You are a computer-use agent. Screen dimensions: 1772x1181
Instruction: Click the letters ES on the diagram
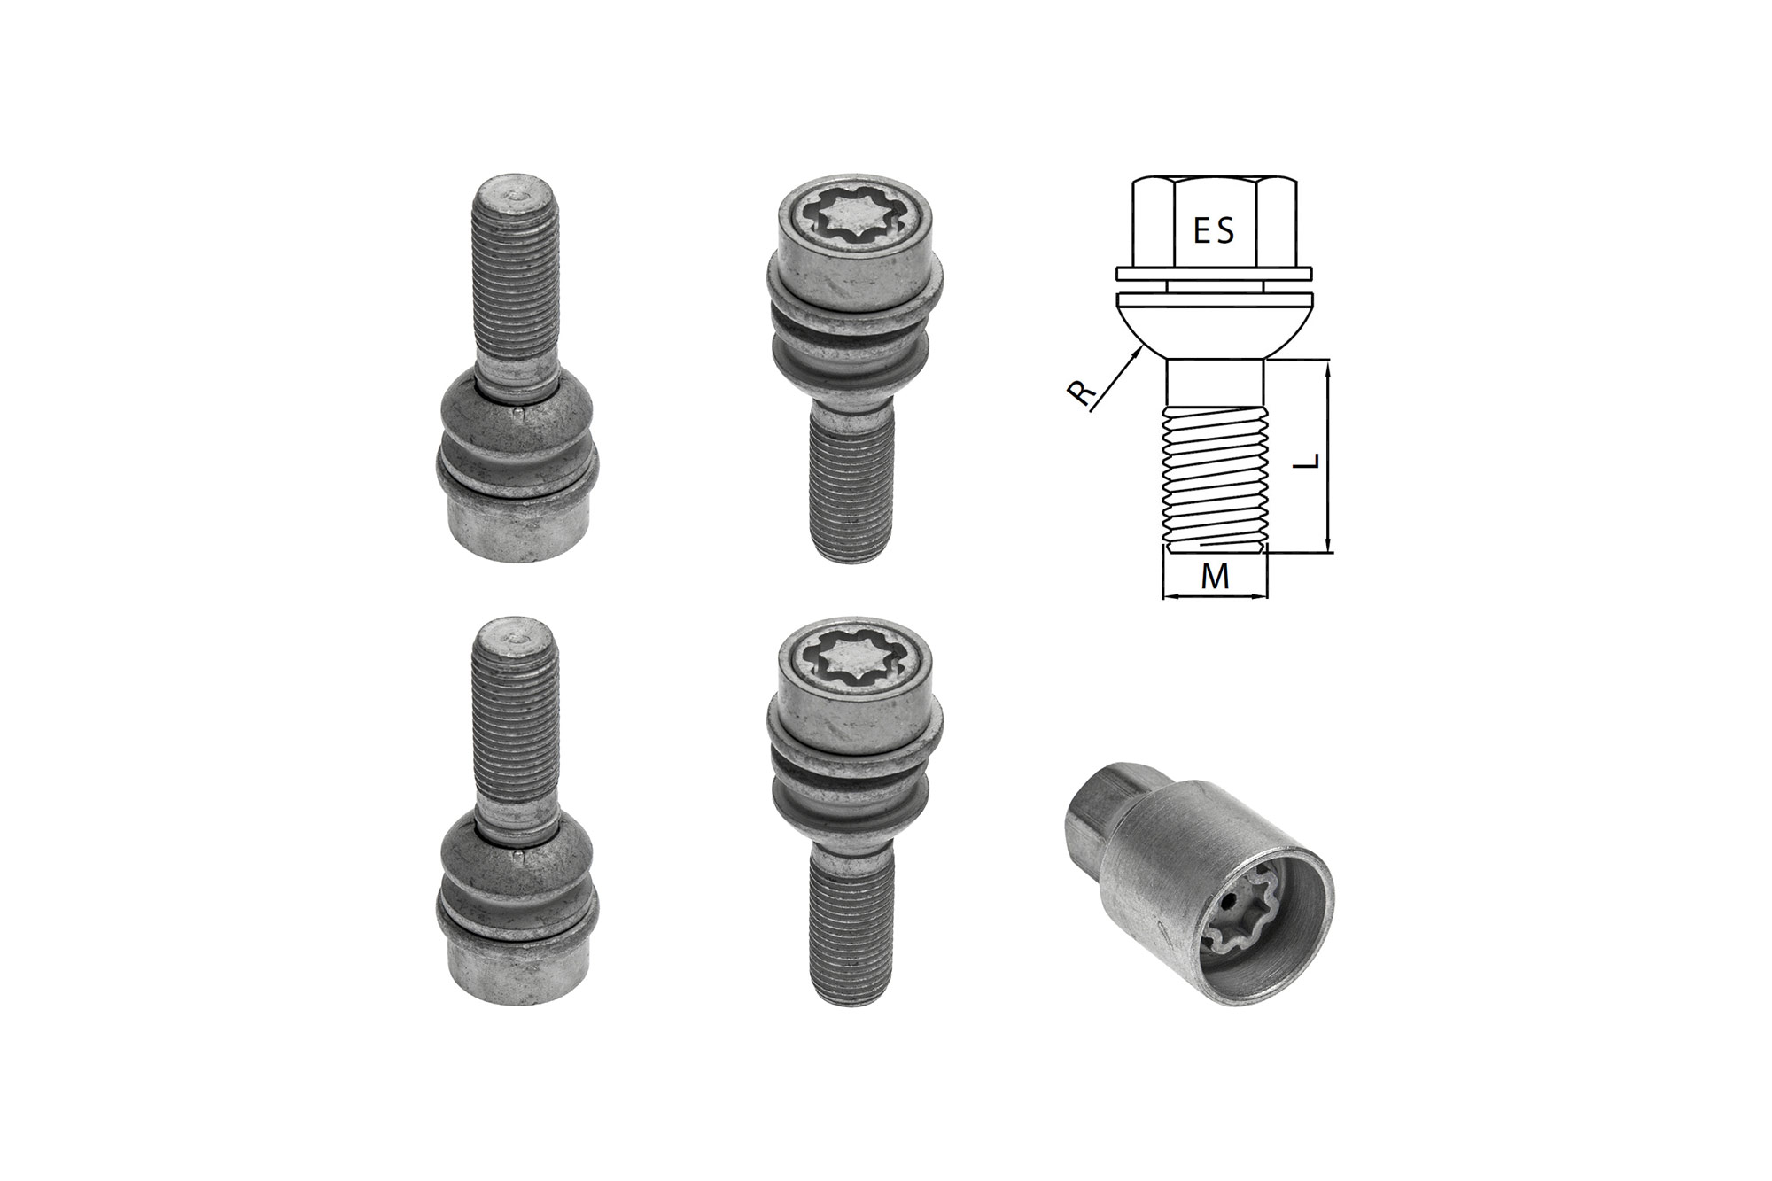tap(1213, 231)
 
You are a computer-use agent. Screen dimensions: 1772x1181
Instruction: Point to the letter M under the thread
tap(1215, 577)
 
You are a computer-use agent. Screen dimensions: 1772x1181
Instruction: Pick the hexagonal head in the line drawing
tap(1214, 222)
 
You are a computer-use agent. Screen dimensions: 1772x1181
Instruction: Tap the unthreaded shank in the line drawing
tap(1215, 383)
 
